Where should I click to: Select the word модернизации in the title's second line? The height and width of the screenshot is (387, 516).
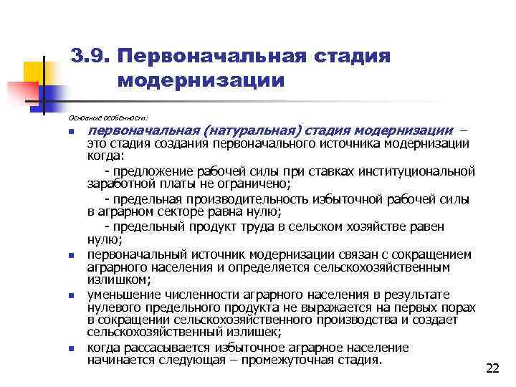coord(201,80)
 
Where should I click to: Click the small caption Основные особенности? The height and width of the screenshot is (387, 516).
coord(107,115)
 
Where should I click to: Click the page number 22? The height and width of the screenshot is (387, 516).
coord(492,368)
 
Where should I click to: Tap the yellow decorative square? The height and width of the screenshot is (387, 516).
coord(36,74)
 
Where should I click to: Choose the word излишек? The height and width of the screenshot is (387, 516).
coord(242,333)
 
